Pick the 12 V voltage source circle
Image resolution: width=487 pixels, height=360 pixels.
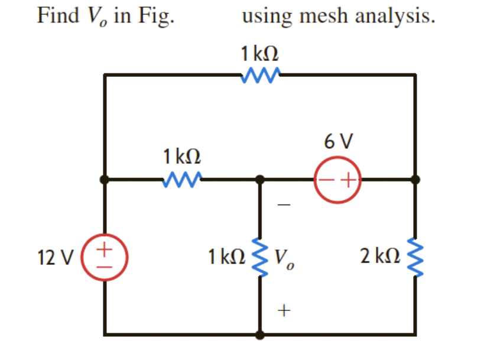coord(104,255)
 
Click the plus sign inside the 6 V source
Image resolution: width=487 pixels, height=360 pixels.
coord(348,179)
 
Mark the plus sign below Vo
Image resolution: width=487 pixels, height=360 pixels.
coord(284,309)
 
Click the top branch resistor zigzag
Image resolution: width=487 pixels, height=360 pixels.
coord(260,74)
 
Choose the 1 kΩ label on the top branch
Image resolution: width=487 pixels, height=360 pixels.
coord(259,53)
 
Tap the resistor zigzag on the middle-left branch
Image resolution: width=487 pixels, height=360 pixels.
coord(182,178)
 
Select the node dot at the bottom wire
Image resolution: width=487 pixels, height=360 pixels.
coord(260,335)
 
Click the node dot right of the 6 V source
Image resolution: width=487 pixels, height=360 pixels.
coord(415,179)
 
